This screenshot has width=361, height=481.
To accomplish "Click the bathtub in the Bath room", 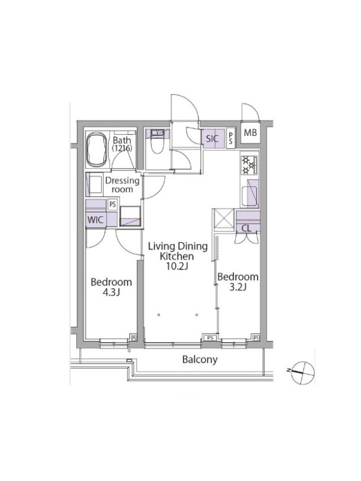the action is [97, 150].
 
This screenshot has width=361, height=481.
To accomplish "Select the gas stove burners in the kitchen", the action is [249, 165].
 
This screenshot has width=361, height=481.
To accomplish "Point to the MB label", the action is [250, 133].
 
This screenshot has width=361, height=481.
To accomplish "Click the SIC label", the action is [212, 139].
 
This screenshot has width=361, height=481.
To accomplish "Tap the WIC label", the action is [96, 220].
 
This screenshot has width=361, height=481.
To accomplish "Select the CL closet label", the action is [246, 228].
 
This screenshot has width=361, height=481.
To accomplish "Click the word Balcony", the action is [200, 360].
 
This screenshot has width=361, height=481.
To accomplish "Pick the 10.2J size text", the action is [177, 266].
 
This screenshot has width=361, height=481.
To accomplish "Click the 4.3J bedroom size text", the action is [111, 292].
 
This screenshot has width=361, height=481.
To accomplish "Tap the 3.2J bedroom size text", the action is [238, 287].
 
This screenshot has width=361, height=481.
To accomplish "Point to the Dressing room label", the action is [122, 185].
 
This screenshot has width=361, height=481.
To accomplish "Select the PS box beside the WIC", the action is [113, 204].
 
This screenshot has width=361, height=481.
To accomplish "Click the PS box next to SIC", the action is [230, 138].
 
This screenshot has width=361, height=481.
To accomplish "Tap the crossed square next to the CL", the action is [223, 219].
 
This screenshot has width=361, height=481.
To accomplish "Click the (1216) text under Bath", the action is [122, 148].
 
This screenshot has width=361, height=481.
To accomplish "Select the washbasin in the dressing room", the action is [96, 185].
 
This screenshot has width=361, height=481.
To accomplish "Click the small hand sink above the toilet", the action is [158, 132].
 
